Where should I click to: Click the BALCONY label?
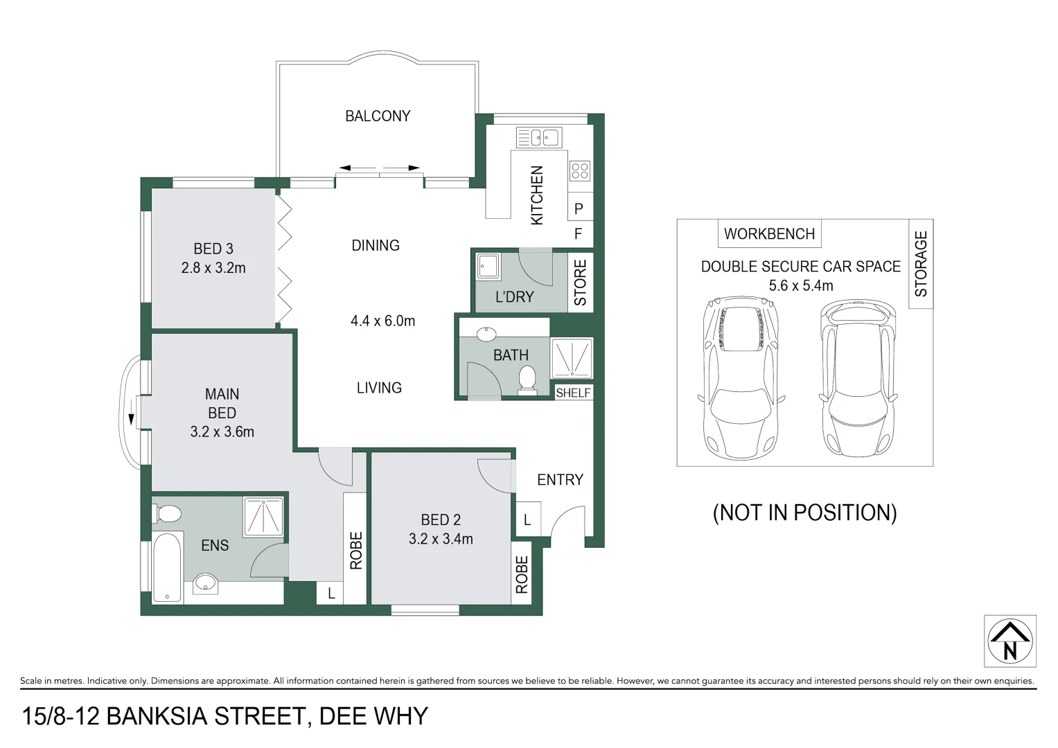(x=378, y=116)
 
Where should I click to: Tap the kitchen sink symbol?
(x=538, y=138)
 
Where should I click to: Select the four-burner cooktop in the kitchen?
(x=579, y=170)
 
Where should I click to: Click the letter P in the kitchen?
(x=579, y=208)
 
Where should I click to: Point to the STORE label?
(x=581, y=283)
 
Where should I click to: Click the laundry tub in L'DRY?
(x=488, y=267)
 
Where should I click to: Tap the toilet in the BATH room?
(x=527, y=380)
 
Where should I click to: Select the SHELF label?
(x=573, y=393)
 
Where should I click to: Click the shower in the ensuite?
(x=263, y=516)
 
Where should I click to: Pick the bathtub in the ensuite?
(x=166, y=567)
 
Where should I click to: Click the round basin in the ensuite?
(x=205, y=583)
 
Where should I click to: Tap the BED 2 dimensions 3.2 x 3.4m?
(x=441, y=539)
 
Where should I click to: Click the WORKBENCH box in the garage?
(x=769, y=234)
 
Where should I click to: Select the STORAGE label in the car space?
(x=921, y=264)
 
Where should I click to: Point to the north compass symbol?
(x=1009, y=641)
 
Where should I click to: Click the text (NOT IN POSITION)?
(x=804, y=513)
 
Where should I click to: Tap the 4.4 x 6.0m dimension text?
(x=382, y=321)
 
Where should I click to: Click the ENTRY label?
(x=560, y=479)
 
